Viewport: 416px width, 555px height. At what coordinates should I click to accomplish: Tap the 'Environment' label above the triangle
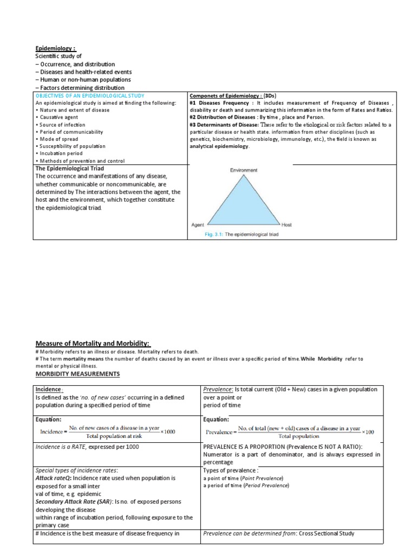point(244,170)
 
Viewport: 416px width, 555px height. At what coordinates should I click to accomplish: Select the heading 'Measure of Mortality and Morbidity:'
point(93,343)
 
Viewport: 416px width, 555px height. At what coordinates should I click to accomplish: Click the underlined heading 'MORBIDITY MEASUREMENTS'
point(79,375)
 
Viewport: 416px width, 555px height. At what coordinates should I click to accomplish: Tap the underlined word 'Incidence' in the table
point(49,390)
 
